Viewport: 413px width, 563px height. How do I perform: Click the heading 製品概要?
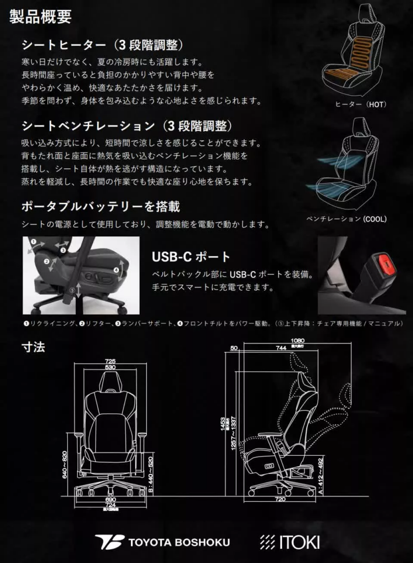(41, 17)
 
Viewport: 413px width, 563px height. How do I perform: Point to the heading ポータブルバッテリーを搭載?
(100, 207)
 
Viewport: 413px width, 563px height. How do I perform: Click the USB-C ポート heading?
(191, 257)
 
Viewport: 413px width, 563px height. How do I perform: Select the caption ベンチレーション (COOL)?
(346, 219)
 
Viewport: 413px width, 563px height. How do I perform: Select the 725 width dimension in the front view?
(110, 361)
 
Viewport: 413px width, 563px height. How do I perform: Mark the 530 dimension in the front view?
(110, 367)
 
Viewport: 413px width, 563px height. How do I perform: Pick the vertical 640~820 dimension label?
(65, 465)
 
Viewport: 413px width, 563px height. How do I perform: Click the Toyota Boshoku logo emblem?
(109, 542)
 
